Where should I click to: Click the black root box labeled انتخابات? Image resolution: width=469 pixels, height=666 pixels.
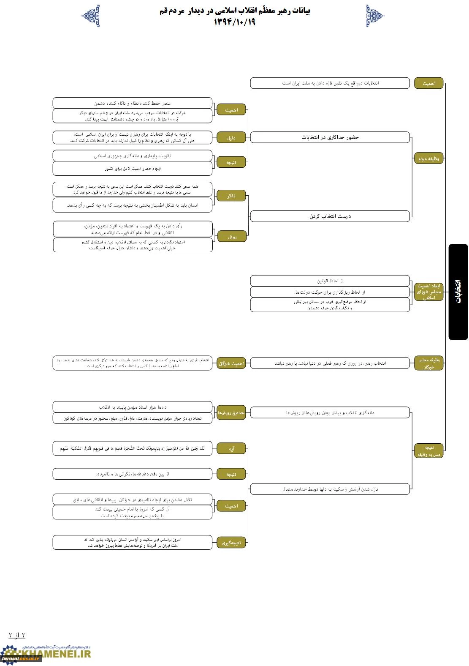tap(458, 292)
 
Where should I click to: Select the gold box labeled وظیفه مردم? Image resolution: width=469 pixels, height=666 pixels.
tap(429, 159)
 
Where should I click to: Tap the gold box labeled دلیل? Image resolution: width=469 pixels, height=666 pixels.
tap(231, 137)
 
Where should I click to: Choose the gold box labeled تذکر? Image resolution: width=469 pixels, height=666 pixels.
tap(231, 196)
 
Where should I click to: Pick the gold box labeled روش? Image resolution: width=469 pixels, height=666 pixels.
tap(231, 237)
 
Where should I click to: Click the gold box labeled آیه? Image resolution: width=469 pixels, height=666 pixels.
tap(231, 449)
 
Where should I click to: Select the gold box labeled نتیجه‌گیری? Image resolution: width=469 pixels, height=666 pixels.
tap(231, 543)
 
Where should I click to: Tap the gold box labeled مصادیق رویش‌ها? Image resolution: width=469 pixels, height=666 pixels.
tap(231, 413)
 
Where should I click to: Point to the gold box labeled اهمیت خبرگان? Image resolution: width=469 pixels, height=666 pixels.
tap(231, 363)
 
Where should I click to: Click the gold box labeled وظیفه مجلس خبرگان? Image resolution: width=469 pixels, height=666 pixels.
tap(429, 363)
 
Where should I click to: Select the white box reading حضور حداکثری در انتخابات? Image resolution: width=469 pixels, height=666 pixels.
tap(330, 137)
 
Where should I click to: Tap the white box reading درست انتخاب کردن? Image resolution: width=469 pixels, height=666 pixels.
tap(330, 216)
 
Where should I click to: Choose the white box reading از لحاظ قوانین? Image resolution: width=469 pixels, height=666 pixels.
tap(330, 281)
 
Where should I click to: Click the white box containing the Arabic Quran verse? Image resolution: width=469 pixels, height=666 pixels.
tap(132, 448)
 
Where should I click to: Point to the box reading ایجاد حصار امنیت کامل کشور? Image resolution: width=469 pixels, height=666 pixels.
tap(132, 168)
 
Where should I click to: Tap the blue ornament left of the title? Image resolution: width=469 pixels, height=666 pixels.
tap(91, 16)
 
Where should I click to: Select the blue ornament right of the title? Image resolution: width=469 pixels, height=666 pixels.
tap(375, 16)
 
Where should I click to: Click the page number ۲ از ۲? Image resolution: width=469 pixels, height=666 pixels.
tap(17, 635)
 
